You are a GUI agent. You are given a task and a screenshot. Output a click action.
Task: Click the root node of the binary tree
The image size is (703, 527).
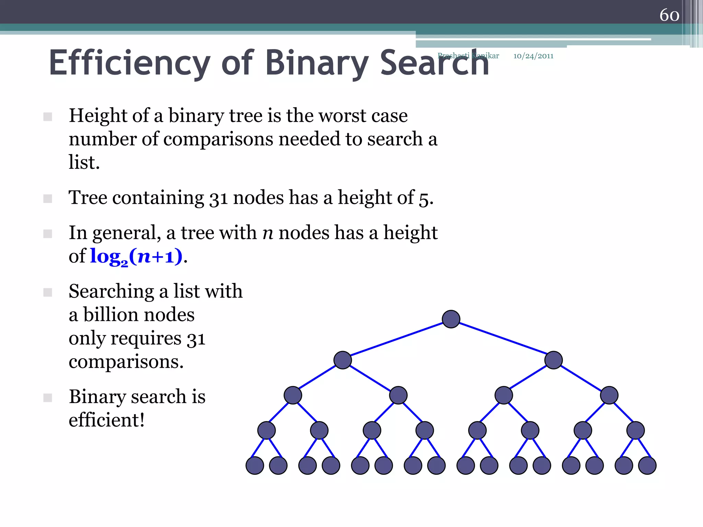[x=451, y=319]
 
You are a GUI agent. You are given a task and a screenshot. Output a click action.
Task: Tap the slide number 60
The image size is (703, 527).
[x=669, y=15]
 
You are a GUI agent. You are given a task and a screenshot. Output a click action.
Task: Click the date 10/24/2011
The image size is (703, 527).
[x=533, y=56]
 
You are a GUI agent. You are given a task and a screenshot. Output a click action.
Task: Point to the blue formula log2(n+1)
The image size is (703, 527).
[x=136, y=256]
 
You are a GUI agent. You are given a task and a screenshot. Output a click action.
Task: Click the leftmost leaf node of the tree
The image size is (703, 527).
[x=255, y=466]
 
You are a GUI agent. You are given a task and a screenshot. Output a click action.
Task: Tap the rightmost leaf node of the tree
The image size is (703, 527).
[x=647, y=466]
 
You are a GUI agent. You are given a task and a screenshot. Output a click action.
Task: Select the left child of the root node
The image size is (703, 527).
[x=343, y=360]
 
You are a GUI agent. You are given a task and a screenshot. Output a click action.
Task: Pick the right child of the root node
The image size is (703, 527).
[x=553, y=360]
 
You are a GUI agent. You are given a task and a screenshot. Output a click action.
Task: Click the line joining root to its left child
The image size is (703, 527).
[x=397, y=339]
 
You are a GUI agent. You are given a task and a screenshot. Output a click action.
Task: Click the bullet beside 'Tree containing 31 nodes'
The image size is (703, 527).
[x=48, y=199]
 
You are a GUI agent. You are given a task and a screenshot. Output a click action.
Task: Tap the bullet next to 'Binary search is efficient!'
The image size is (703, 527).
[x=48, y=398]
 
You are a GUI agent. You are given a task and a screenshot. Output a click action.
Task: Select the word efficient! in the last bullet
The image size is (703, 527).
[x=107, y=420]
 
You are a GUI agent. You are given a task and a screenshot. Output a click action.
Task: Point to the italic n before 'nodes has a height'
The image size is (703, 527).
[x=268, y=233]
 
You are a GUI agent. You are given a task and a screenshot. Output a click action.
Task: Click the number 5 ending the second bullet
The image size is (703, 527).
[x=424, y=198]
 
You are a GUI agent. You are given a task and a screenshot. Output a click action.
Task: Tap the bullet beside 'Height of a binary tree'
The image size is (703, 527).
[x=48, y=117]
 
